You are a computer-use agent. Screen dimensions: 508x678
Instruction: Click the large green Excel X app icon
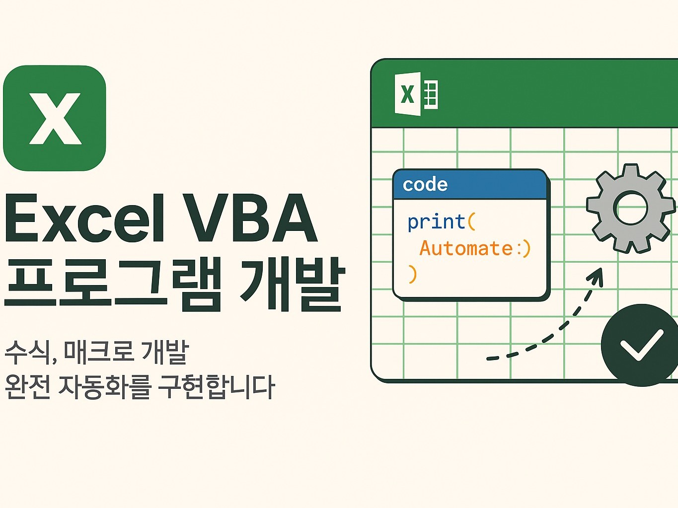point(55,118)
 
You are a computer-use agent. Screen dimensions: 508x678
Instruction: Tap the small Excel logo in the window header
point(416,94)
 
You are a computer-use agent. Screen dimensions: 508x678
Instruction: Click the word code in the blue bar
point(425,185)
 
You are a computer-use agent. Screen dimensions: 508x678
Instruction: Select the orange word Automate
point(466,248)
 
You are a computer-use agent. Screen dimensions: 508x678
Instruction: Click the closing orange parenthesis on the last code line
point(412,274)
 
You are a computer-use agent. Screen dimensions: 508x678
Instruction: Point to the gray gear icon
point(631,209)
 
